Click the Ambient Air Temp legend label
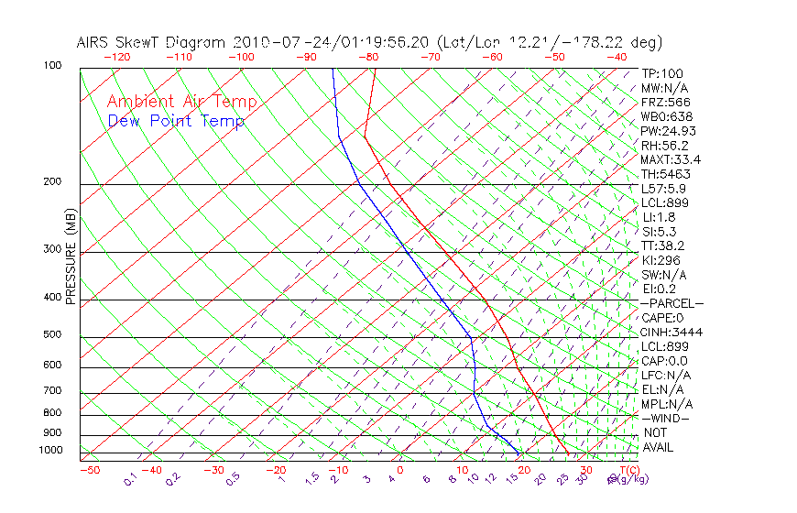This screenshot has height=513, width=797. (x=181, y=102)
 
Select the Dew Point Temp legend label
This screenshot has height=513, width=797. (x=176, y=121)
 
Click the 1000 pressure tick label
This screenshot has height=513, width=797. (x=50, y=451)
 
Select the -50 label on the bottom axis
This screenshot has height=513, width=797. (x=89, y=470)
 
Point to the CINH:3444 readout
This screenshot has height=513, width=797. (x=671, y=332)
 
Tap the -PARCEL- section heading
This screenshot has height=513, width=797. (x=671, y=303)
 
